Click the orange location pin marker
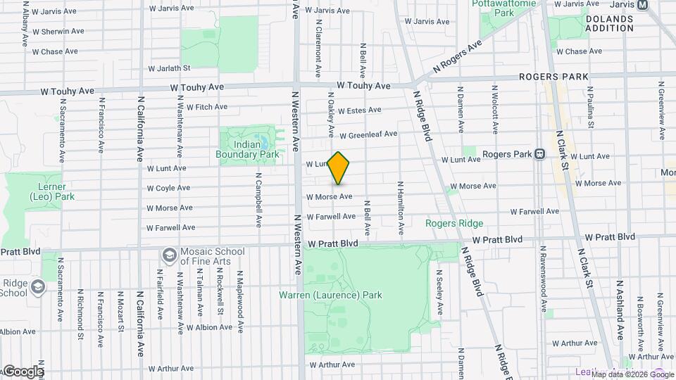[x=339, y=167]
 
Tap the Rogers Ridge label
[x=454, y=224]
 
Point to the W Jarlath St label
[x=169, y=68]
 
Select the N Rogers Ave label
[x=457, y=56]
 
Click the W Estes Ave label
[x=359, y=110]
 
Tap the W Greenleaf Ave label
[x=368, y=134]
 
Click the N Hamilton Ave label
[x=400, y=208]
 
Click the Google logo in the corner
[x=23, y=371]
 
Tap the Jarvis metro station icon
[x=642, y=5]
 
